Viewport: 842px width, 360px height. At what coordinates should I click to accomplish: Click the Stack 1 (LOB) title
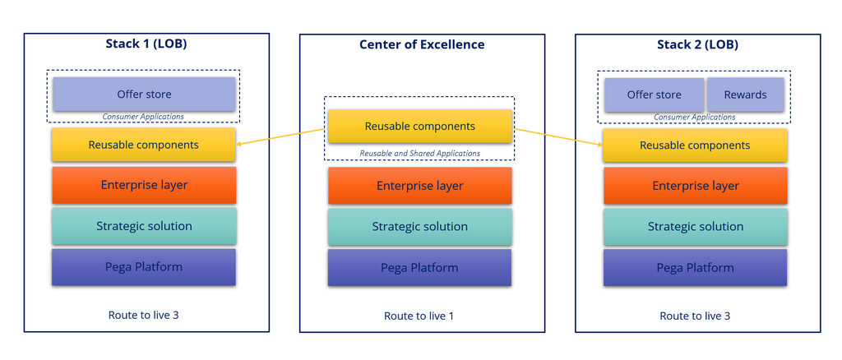[x=146, y=44]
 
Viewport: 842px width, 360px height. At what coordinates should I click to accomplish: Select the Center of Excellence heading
[x=422, y=44]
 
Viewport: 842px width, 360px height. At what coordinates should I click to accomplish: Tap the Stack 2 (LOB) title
[x=697, y=44]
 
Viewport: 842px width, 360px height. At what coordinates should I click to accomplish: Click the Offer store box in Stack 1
[x=144, y=95]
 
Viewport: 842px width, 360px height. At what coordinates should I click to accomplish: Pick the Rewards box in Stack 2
[x=745, y=95]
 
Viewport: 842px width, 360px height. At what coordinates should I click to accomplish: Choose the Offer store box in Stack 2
[x=654, y=95]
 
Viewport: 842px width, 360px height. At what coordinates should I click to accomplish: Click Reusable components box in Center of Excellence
[x=420, y=127]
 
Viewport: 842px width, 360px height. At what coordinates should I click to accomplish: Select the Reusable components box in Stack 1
[x=144, y=145]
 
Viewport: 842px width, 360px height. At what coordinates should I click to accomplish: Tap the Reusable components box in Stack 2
[x=695, y=145]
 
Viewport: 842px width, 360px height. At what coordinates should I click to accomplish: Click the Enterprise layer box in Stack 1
[x=144, y=185]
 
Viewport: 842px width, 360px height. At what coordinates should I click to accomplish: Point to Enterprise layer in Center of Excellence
[x=420, y=186]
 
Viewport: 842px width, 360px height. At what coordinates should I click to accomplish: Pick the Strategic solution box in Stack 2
[x=695, y=226]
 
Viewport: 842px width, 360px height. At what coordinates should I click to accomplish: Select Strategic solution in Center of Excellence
[x=420, y=226]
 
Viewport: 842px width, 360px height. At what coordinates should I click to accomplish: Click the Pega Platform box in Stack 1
[x=144, y=267]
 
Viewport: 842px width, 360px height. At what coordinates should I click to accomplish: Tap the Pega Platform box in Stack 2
[x=695, y=268]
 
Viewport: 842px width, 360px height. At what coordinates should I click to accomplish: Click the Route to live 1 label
[x=419, y=316]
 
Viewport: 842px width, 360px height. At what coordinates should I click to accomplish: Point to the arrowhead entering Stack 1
[x=239, y=145]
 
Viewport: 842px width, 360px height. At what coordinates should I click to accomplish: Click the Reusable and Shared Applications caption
[x=420, y=154]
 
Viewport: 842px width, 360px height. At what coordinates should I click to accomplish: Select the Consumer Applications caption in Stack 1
[x=143, y=117]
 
